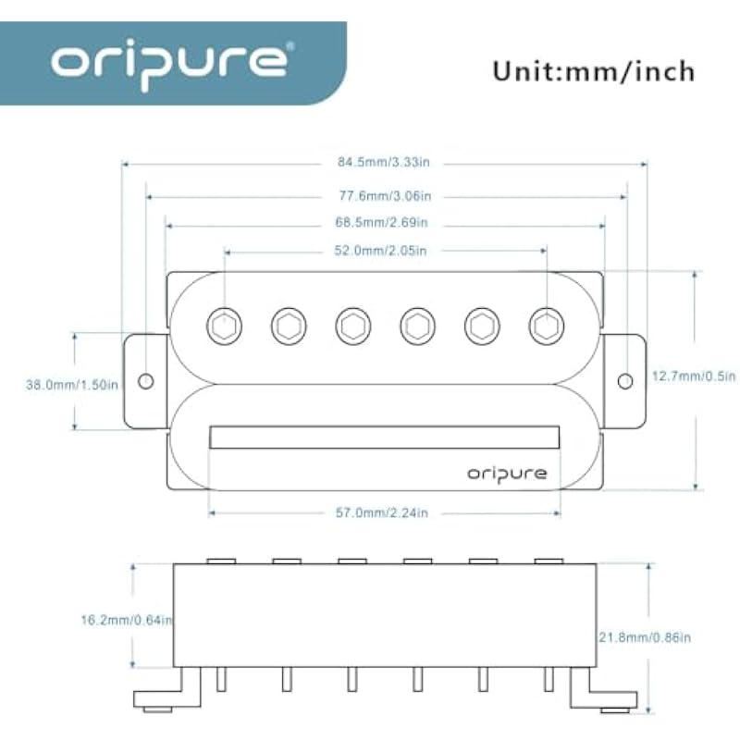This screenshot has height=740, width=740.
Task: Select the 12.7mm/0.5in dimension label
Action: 693,376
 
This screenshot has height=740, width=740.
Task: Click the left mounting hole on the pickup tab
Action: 145,381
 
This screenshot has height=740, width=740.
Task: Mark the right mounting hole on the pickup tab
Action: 625,381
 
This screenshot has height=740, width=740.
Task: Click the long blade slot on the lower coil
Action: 385,438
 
